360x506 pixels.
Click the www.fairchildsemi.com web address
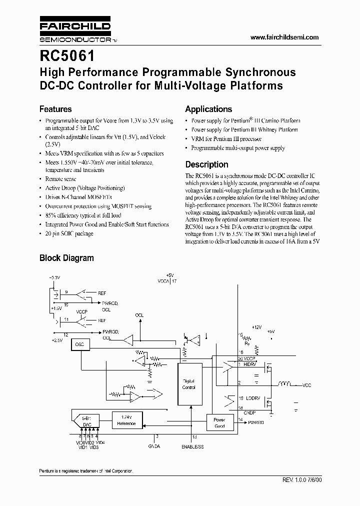(284, 37)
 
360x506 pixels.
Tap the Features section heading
(55, 109)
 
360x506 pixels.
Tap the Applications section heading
(208, 109)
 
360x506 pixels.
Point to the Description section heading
(206, 164)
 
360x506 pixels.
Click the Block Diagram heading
(66, 258)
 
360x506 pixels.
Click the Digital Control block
(188, 384)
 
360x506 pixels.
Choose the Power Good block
(219, 422)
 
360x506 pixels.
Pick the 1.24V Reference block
(126, 420)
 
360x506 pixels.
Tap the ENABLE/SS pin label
(192, 446)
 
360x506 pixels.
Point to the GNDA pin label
(154, 446)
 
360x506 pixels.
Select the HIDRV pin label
(250, 363)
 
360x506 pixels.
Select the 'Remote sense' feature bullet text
(60, 178)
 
